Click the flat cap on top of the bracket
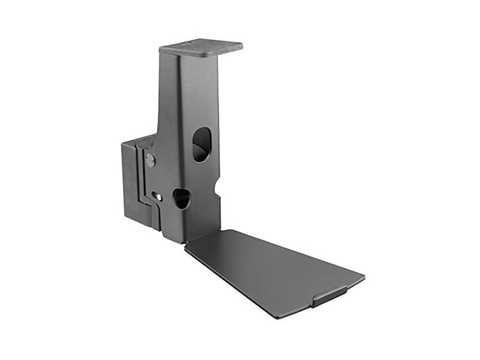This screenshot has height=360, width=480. [201, 46]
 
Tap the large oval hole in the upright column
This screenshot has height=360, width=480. [202, 144]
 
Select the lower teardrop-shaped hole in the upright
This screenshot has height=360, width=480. [181, 198]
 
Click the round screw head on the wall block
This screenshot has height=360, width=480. [150, 160]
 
